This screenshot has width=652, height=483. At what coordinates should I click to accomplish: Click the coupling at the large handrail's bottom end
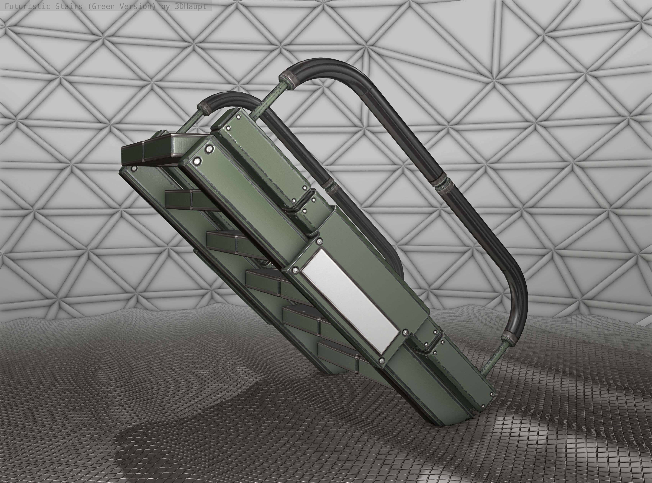(509, 338)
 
